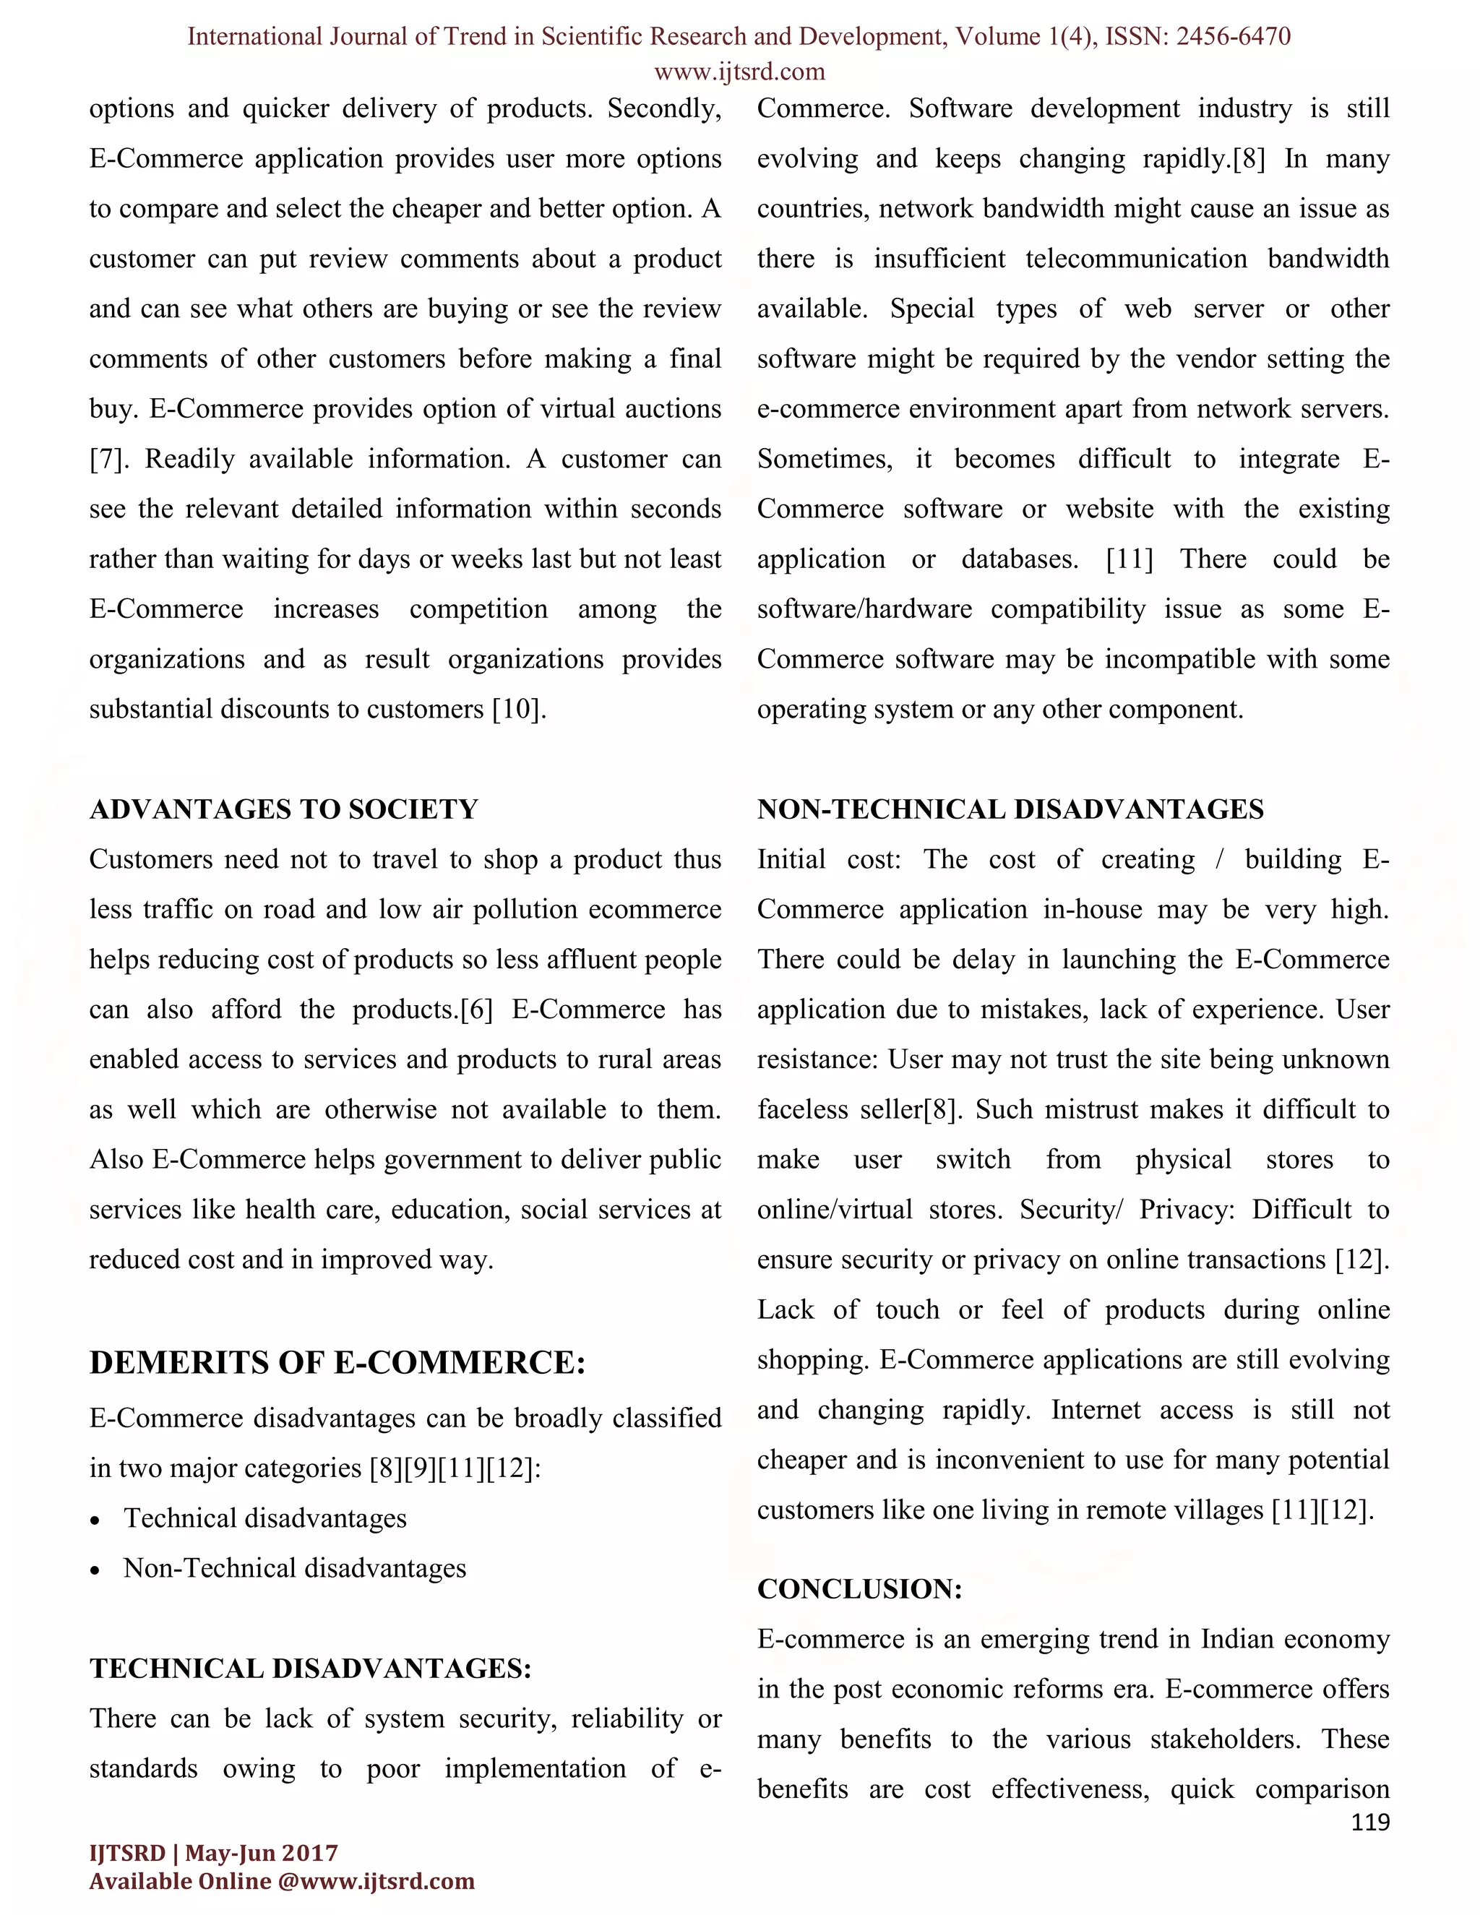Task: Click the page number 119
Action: click(x=1370, y=1823)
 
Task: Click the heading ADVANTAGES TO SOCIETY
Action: click(x=284, y=809)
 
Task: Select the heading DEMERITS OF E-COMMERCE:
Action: click(x=337, y=1363)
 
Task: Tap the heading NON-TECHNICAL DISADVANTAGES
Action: click(x=1010, y=809)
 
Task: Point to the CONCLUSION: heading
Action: click(x=859, y=1589)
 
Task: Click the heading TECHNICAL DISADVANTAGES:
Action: click(x=310, y=1669)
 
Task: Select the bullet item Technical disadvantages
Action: click(x=264, y=1519)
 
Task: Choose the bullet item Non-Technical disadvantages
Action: click(x=295, y=1569)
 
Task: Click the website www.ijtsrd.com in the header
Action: click(x=739, y=71)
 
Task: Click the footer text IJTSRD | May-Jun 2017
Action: click(x=213, y=1853)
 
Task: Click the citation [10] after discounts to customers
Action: click(x=518, y=710)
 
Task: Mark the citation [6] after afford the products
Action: click(x=476, y=1010)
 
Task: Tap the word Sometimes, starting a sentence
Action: click(x=824, y=460)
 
